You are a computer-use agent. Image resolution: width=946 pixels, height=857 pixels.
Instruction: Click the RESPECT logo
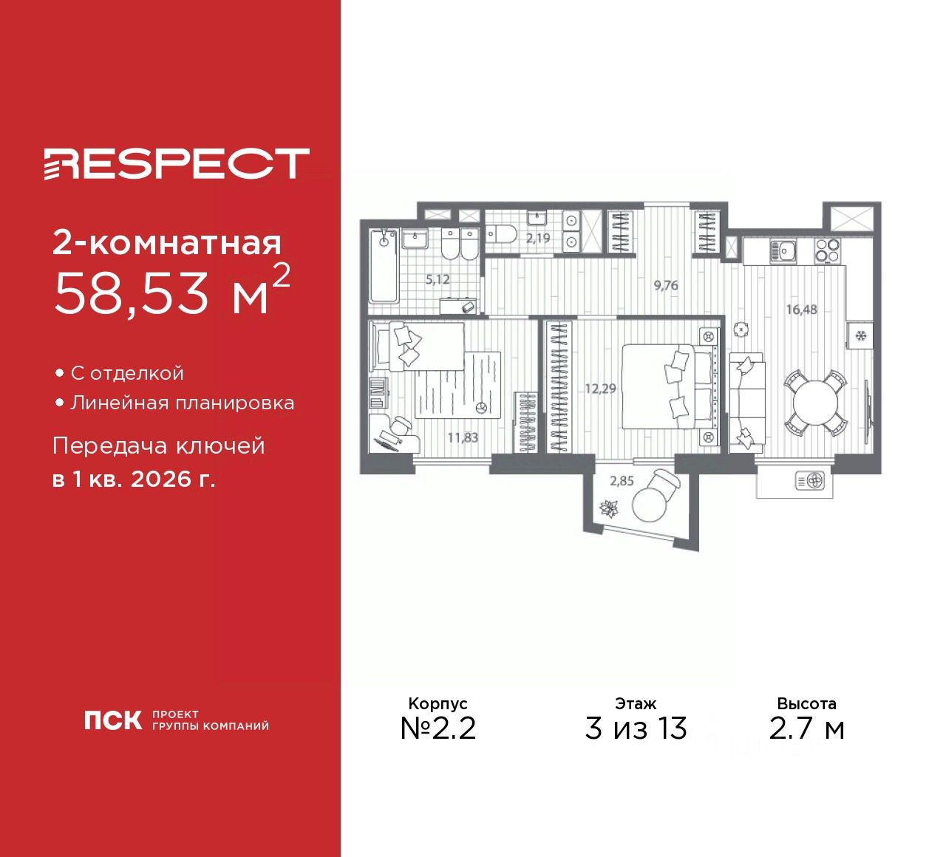[x=176, y=163]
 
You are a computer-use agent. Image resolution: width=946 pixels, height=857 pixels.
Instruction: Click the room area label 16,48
[x=801, y=310]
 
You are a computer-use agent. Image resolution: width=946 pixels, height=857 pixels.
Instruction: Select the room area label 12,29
[x=600, y=389]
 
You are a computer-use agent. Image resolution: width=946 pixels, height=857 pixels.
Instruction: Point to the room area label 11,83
[x=463, y=437]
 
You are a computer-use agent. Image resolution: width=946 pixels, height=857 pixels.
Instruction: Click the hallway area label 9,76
[x=666, y=285]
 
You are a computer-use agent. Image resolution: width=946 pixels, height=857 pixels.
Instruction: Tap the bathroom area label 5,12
[x=438, y=280]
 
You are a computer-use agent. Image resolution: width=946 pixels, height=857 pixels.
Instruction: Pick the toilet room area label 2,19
[x=538, y=239]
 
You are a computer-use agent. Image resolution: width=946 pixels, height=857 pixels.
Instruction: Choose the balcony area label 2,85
[x=622, y=481]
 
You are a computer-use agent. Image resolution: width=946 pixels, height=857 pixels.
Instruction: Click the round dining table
[x=815, y=403]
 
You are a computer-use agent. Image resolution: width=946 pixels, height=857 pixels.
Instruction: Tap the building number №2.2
[x=438, y=728]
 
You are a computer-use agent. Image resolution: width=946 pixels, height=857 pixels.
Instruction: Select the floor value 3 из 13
[x=636, y=728]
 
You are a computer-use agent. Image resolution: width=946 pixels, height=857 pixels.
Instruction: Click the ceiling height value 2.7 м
[x=806, y=728]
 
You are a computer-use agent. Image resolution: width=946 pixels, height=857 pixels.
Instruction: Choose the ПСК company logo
[x=112, y=720]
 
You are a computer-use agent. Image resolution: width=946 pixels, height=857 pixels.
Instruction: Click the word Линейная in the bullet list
[x=118, y=403]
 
